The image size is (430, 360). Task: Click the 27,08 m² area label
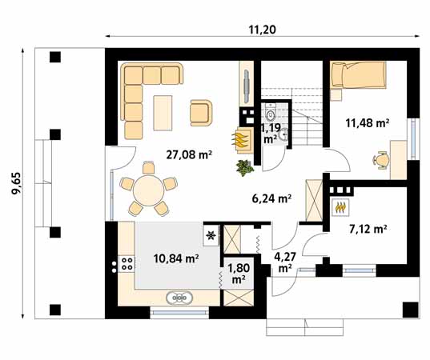click(188, 155)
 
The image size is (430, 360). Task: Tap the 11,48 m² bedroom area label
click(367, 123)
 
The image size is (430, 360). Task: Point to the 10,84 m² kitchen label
click(175, 258)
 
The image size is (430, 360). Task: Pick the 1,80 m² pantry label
click(238, 274)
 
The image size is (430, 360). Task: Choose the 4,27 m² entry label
click(284, 262)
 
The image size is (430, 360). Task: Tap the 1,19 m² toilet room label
click(271, 132)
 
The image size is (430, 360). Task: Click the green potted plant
click(244, 166)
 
